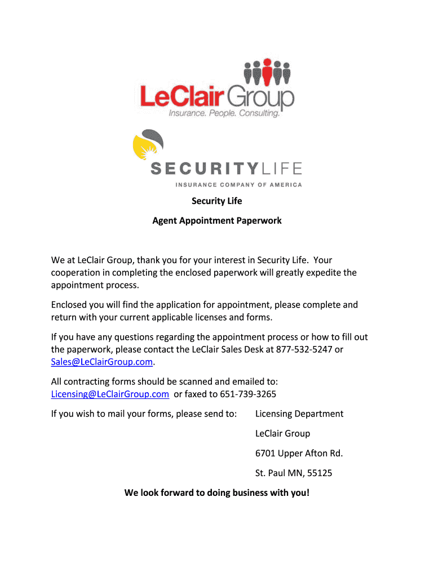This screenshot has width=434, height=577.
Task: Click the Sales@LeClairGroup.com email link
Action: click(x=102, y=362)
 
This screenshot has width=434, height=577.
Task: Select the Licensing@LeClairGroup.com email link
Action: click(x=110, y=394)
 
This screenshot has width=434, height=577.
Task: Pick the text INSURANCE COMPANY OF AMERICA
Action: click(x=238, y=185)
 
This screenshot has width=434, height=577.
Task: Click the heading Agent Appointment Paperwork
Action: click(x=217, y=221)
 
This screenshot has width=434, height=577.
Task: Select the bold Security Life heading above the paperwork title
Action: click(x=217, y=201)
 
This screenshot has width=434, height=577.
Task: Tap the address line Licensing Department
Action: click(x=299, y=414)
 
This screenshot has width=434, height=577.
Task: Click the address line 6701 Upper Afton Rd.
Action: click(x=299, y=454)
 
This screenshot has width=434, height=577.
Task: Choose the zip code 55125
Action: click(x=318, y=473)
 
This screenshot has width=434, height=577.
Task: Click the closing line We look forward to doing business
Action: click(x=217, y=493)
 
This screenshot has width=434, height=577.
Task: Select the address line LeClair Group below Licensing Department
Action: click(x=283, y=434)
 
